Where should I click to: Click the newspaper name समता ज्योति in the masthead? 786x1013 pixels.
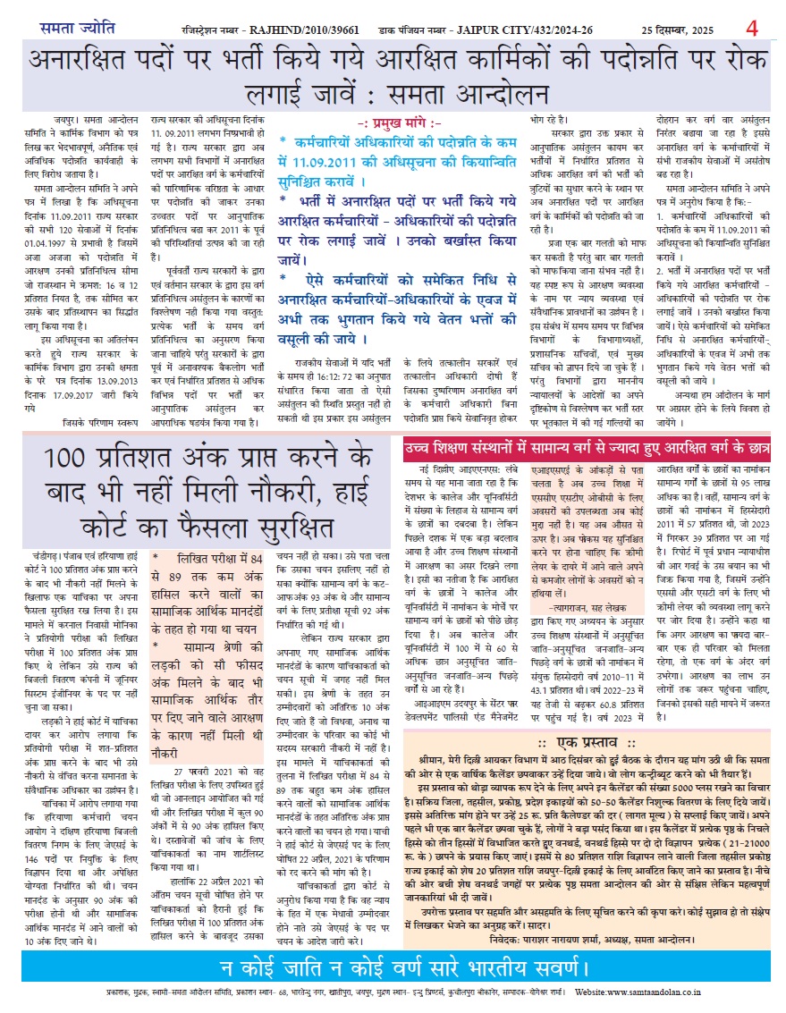(76, 28)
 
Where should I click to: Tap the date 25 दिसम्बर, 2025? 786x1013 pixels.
(677, 29)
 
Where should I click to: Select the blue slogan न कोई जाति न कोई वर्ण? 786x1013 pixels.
(393, 968)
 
